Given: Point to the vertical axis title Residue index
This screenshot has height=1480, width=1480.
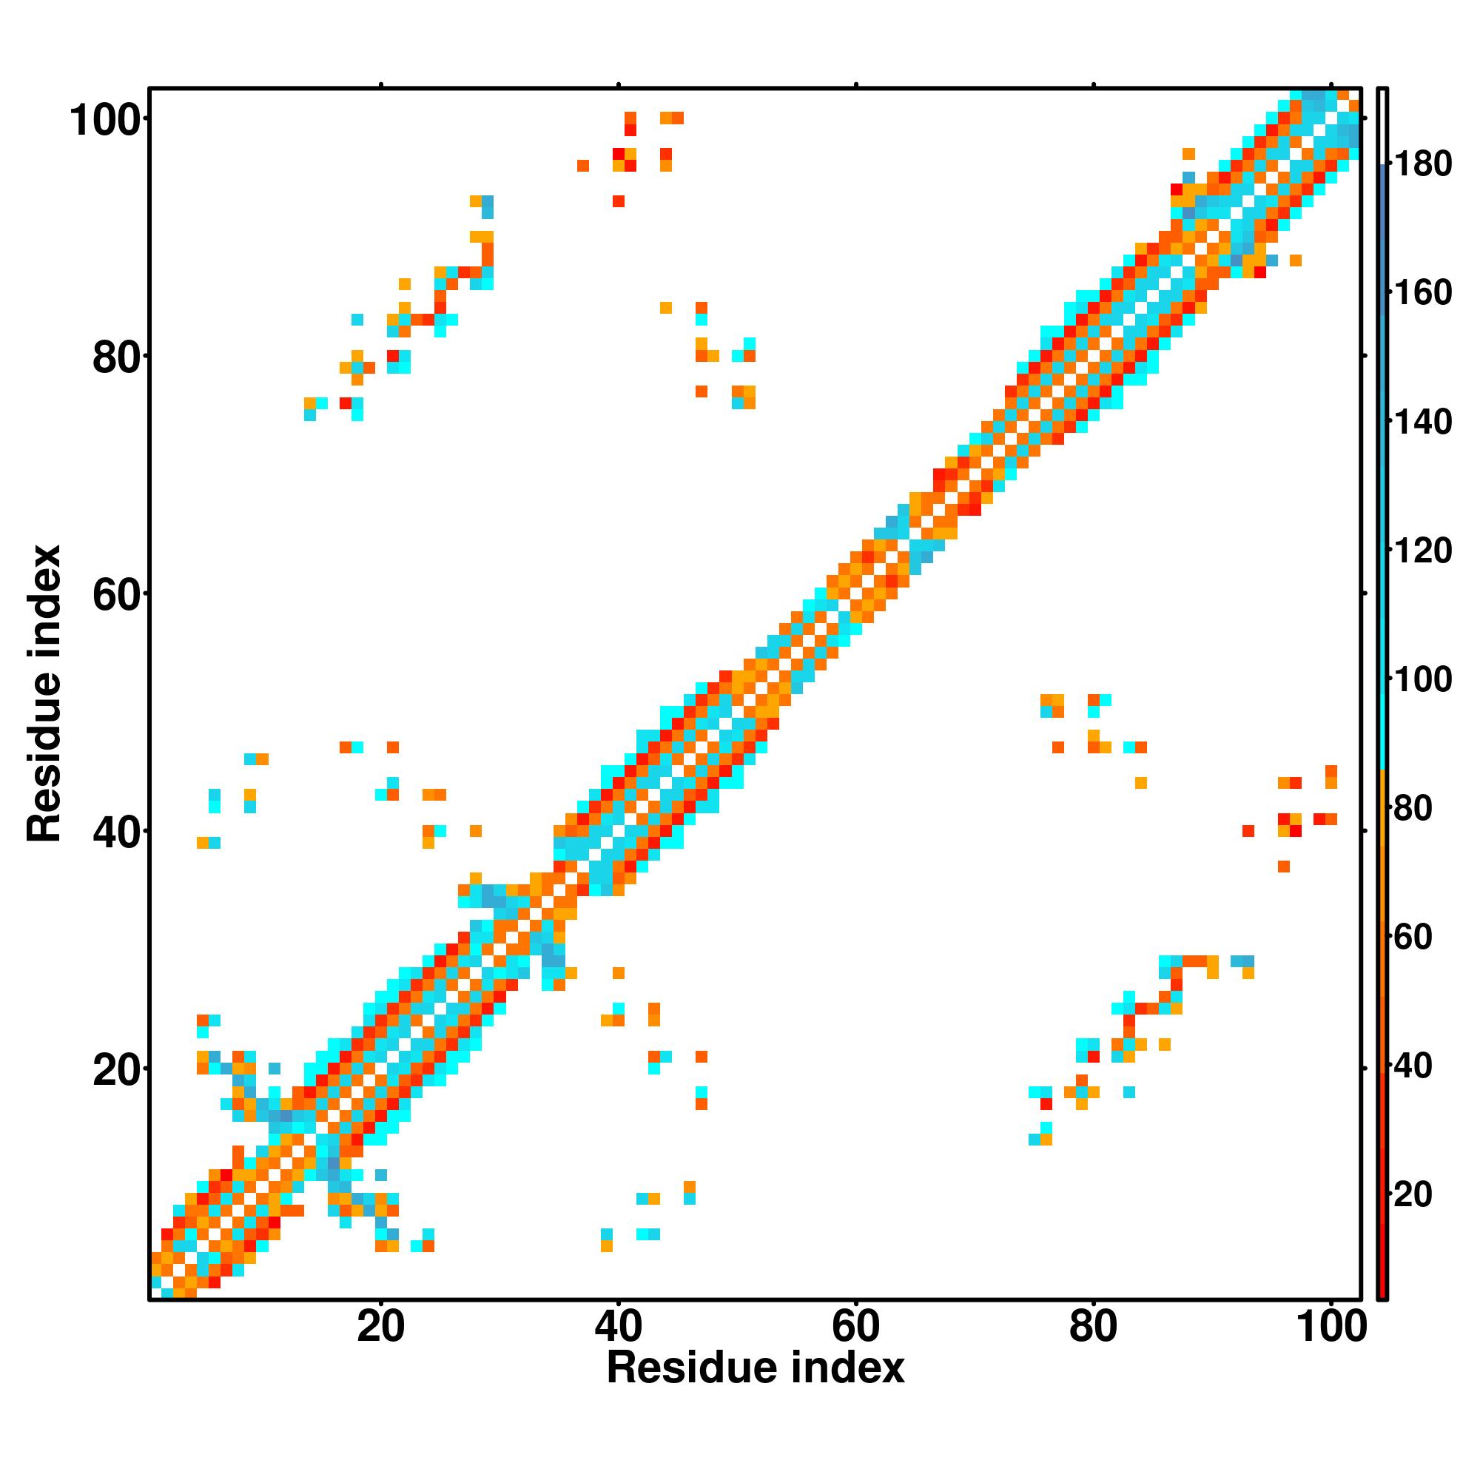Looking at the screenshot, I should [44, 693].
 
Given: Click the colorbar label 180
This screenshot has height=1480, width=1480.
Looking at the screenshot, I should [1422, 165].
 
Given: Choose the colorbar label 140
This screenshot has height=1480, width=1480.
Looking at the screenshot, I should [1422, 422].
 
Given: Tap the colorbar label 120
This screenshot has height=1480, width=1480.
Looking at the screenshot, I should [1422, 551].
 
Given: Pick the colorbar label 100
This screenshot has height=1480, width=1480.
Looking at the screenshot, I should [1422, 679].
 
